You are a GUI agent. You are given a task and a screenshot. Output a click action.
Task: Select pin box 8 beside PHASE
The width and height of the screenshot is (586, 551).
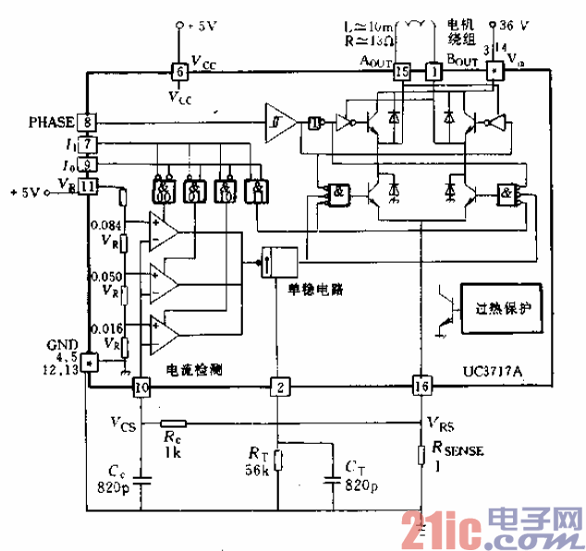pyautogui.click(x=86, y=121)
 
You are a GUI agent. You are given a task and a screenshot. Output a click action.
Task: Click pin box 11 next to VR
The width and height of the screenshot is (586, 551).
pyautogui.click(x=86, y=187)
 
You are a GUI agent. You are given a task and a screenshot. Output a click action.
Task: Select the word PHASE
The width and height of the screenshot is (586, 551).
pyautogui.click(x=48, y=121)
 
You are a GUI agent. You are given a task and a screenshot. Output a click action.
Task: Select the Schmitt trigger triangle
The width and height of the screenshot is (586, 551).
pyautogui.click(x=280, y=121)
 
